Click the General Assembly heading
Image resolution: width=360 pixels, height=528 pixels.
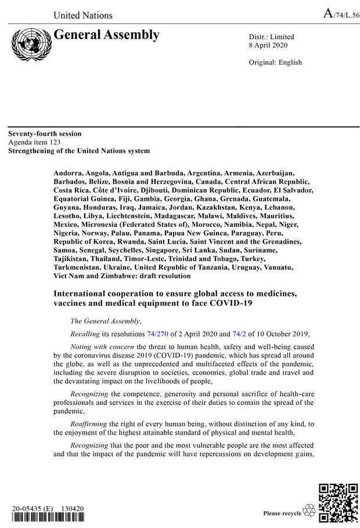point(106,35)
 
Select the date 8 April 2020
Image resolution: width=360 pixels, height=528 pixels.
point(268,46)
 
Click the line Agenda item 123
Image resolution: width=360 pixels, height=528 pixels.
point(34,142)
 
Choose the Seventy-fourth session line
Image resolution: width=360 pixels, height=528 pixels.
point(45,134)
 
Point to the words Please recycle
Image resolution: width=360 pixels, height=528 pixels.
point(282,513)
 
